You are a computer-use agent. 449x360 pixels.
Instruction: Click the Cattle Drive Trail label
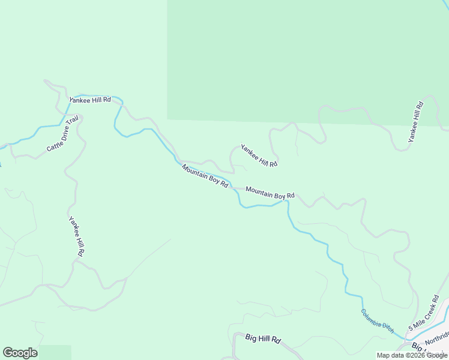pos(63,134)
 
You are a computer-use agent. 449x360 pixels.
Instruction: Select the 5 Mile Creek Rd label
pos(424,314)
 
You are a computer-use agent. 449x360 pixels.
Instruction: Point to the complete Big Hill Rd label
pos(263,338)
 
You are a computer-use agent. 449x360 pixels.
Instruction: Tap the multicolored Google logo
pos(20,353)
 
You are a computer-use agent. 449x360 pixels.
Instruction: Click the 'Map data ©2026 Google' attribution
pos(412,355)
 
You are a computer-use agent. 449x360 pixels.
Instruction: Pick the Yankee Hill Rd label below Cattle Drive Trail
pos(76,236)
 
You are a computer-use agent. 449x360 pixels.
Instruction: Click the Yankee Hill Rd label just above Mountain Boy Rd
pos(259,155)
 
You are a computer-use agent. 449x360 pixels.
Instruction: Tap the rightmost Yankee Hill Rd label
pos(415,122)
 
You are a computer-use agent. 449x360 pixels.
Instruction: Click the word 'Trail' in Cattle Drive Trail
pos(73,125)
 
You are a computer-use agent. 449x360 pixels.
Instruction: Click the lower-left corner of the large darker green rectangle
pos(167,119)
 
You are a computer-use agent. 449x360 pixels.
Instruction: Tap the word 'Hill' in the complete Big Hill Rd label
pos(263,338)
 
